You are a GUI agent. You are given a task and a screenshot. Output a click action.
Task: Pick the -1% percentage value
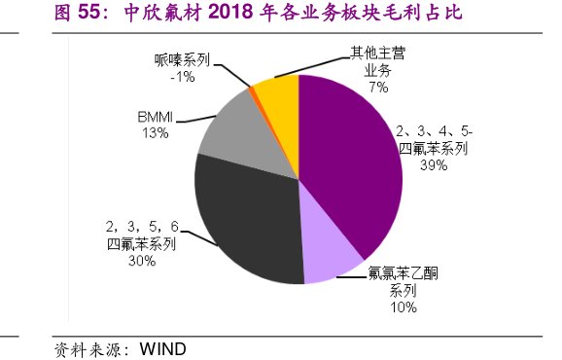[181, 76]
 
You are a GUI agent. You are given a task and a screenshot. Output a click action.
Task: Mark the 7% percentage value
[378, 87]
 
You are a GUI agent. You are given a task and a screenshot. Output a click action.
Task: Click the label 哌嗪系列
[181, 59]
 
